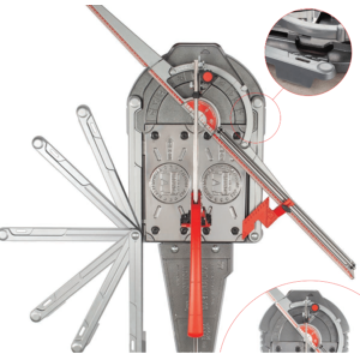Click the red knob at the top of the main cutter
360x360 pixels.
click(207, 77)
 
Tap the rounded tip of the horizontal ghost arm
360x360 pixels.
click(7, 232)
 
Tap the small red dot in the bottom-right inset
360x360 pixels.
click(313, 308)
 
